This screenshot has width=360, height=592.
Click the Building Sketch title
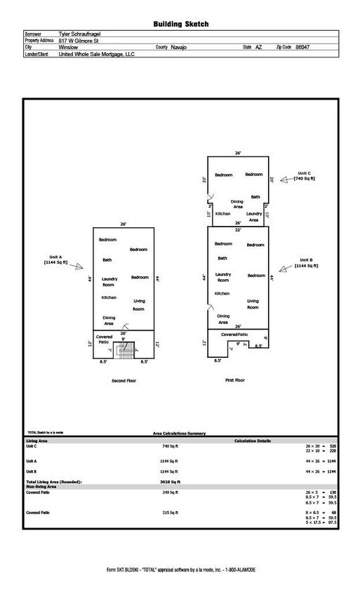pos(180,24)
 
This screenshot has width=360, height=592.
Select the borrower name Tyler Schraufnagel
pos(85,34)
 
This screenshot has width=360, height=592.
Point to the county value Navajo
pos(179,46)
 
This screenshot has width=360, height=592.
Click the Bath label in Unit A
pos(107,260)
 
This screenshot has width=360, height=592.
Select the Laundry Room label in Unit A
pos(108,282)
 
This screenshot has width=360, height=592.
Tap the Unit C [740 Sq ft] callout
pos(305,176)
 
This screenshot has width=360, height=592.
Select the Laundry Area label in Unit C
pos(254,216)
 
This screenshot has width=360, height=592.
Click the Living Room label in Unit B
pos(253,303)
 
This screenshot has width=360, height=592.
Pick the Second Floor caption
pos(124,381)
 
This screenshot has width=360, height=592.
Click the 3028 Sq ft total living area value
pos(170,482)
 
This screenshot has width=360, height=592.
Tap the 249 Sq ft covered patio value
pos(170,494)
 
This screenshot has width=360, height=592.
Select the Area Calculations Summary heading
pos(180,433)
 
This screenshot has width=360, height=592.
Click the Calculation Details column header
pos(252,440)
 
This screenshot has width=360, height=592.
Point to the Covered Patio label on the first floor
pos(235,335)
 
